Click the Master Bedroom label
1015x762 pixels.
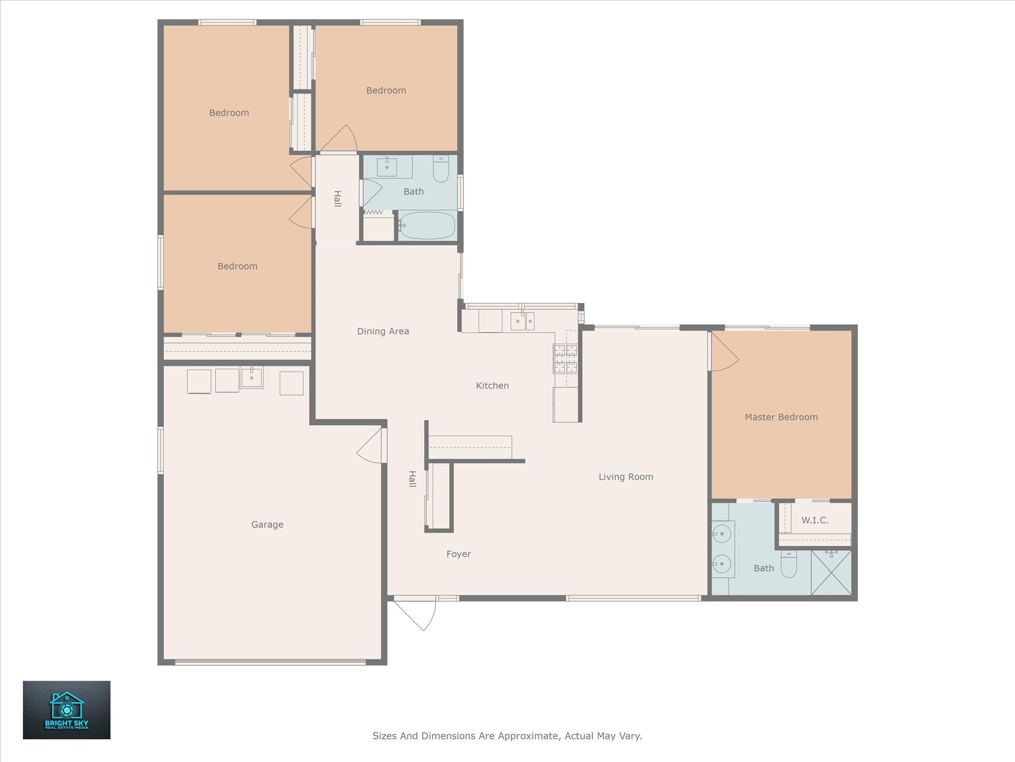(x=781, y=417)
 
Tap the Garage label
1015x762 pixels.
(x=267, y=524)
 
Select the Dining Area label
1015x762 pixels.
(x=383, y=331)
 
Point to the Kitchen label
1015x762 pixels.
(x=492, y=385)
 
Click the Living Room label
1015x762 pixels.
(x=626, y=477)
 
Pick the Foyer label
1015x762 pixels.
(x=458, y=554)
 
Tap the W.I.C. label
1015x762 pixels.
(x=815, y=520)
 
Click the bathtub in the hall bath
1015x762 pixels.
(x=427, y=226)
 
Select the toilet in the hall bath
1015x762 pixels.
(x=441, y=169)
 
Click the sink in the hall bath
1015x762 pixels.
(x=387, y=167)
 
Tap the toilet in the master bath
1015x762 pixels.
(x=789, y=564)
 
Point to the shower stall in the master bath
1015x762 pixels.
(x=831, y=572)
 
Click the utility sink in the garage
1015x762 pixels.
(x=252, y=378)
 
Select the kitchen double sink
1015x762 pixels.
(x=522, y=321)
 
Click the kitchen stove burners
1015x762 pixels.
(x=565, y=359)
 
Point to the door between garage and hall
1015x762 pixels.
(x=371, y=445)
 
